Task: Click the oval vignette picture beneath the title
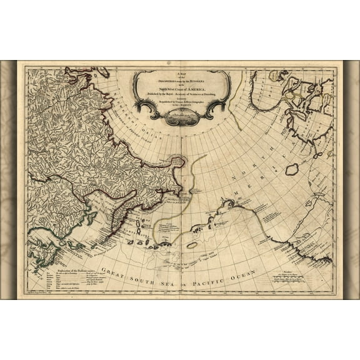180,118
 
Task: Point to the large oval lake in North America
292,169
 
